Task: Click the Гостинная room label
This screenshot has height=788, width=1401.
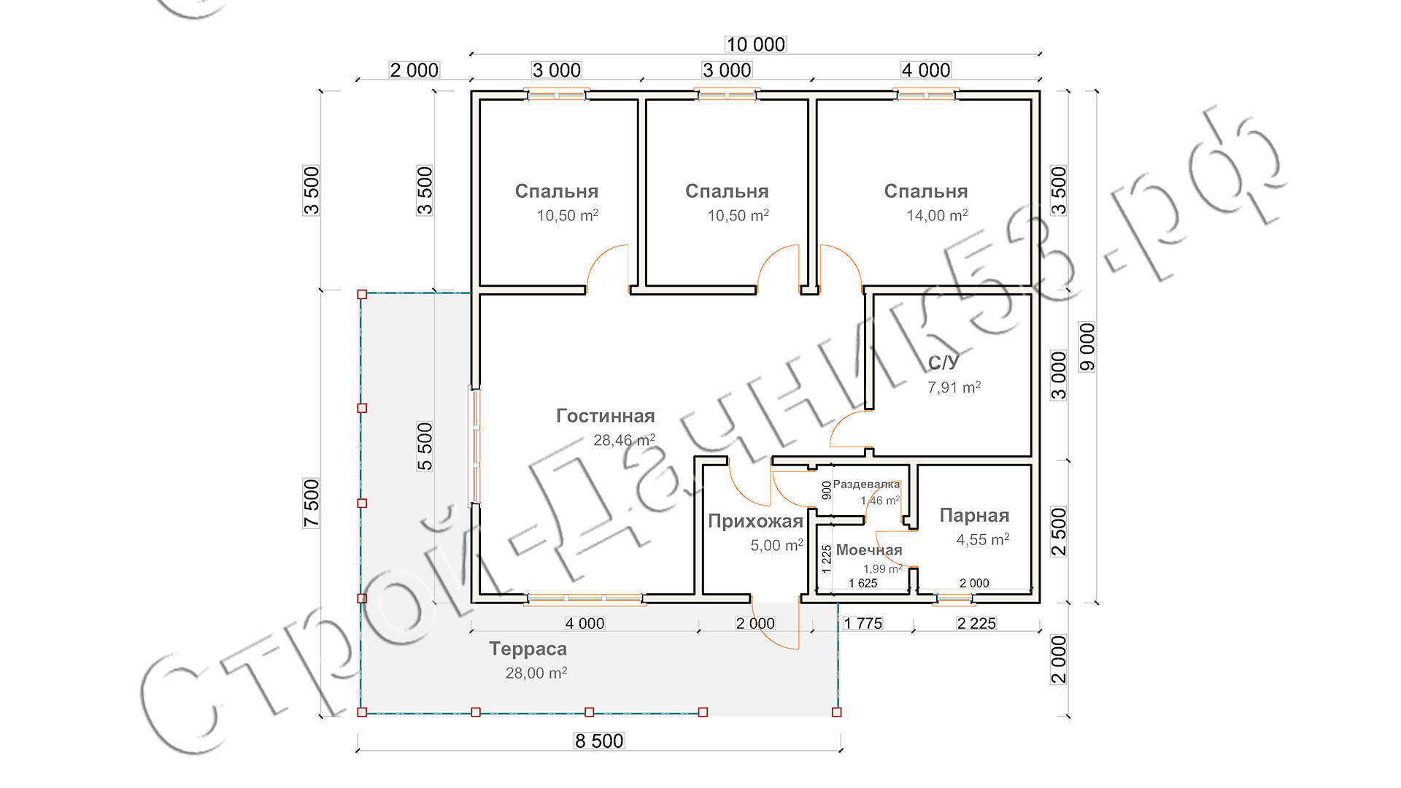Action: [x=606, y=416]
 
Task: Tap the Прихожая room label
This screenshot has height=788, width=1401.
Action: [x=755, y=521]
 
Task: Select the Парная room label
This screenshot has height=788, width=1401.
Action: [x=974, y=516]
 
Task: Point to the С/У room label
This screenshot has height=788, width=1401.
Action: [x=943, y=363]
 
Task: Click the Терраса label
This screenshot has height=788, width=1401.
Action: [x=528, y=649]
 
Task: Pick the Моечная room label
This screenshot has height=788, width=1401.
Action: [x=868, y=550]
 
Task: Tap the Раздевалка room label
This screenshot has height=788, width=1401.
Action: [x=866, y=484]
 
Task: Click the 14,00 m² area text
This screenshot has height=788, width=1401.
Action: [x=937, y=215]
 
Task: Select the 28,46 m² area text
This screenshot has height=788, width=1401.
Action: [x=624, y=440]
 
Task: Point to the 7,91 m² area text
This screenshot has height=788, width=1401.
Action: [x=954, y=387]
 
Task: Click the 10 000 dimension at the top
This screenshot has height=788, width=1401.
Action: [x=755, y=45]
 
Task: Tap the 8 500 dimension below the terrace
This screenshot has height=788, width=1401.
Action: [x=599, y=741]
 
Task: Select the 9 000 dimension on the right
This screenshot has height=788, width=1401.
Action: [x=1087, y=347]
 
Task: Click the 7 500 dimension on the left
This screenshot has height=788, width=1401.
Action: [x=312, y=503]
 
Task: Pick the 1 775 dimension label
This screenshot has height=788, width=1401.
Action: [x=862, y=623]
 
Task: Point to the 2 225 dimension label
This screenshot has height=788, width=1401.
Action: [x=976, y=623]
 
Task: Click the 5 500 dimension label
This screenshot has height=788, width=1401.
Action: [x=425, y=446]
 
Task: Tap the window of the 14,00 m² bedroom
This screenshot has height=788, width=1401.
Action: [x=926, y=95]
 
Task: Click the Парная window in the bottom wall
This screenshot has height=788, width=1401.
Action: [x=954, y=600]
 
